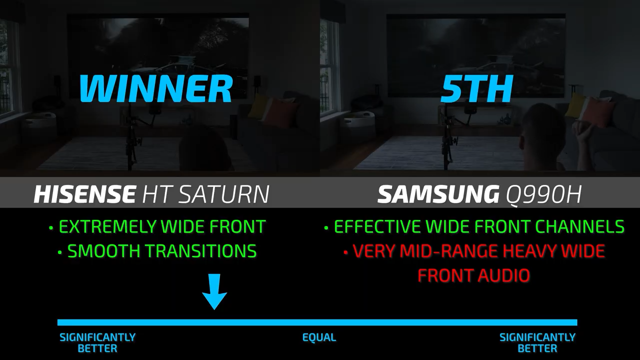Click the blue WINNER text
click(x=155, y=88)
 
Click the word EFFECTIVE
click(x=377, y=226)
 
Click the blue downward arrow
click(x=214, y=291)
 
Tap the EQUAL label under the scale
click(x=319, y=337)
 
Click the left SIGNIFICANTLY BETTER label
click(x=97, y=343)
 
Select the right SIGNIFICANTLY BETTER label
click(x=537, y=343)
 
